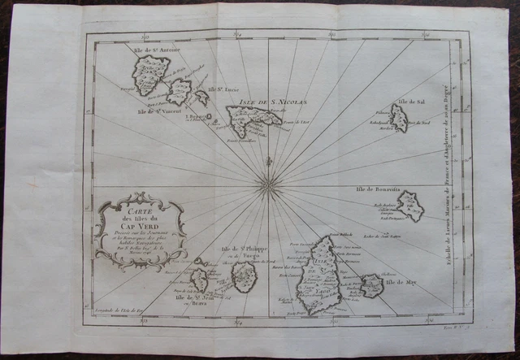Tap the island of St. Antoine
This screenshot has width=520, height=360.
pyautogui.click(x=150, y=76)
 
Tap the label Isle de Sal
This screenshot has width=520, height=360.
pyautogui.click(x=411, y=103)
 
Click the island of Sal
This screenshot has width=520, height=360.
pyautogui.click(x=398, y=119)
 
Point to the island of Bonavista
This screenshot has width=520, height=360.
pyautogui.click(x=409, y=206)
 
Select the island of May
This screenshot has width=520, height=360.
pyautogui.click(x=371, y=285)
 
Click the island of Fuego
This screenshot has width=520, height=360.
pyautogui.click(x=243, y=277)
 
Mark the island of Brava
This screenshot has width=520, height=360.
pyautogui.click(x=199, y=280)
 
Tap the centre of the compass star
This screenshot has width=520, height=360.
pyautogui.click(x=267, y=184)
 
